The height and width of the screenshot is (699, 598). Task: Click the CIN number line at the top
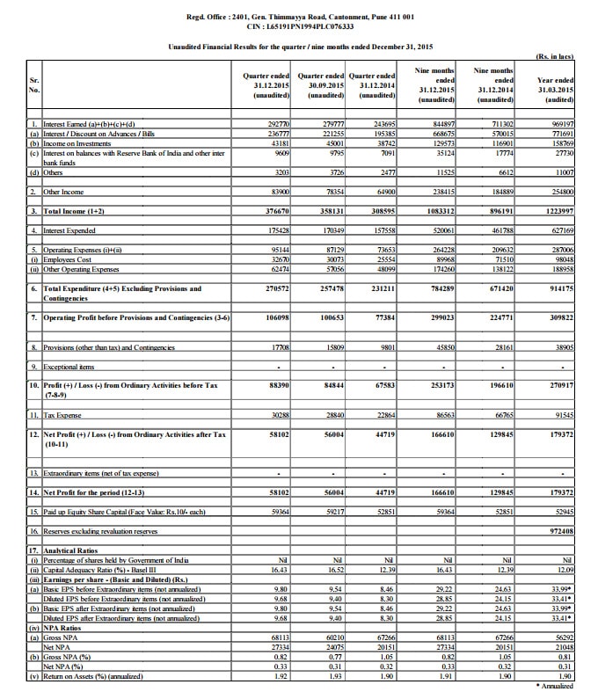pos(298,26)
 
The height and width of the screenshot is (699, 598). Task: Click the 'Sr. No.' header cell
pos(34,84)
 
